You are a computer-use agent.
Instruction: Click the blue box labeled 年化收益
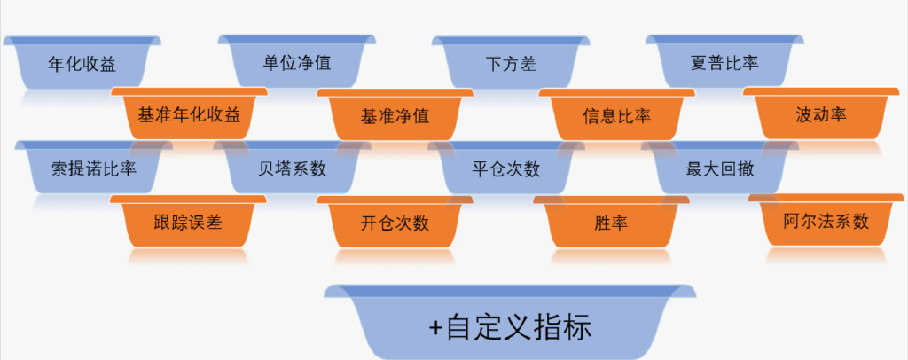82,64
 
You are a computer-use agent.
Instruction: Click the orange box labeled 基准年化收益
189,115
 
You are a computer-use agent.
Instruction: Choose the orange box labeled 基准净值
395,116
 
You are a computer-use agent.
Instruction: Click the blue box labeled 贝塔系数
292,168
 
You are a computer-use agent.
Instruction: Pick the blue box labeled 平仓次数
506,168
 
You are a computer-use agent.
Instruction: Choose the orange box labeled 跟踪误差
188,222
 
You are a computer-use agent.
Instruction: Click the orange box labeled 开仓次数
395,223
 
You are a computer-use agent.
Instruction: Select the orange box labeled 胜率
611,223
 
